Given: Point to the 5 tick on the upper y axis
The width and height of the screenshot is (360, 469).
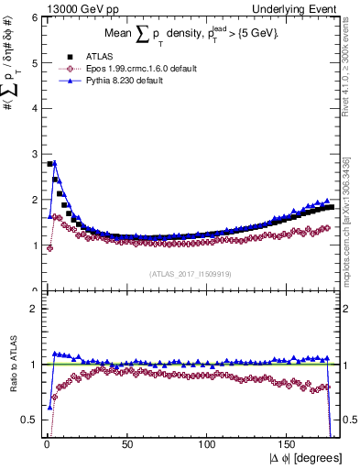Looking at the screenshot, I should (34, 62).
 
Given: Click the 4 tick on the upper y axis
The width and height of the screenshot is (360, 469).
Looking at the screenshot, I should (34, 108).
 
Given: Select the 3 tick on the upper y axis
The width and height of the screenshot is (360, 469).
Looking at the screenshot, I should (34, 154).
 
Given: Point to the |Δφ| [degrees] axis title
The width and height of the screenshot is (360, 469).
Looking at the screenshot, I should (306, 458).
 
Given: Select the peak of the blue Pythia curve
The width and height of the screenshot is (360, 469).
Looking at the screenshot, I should (55, 163).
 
